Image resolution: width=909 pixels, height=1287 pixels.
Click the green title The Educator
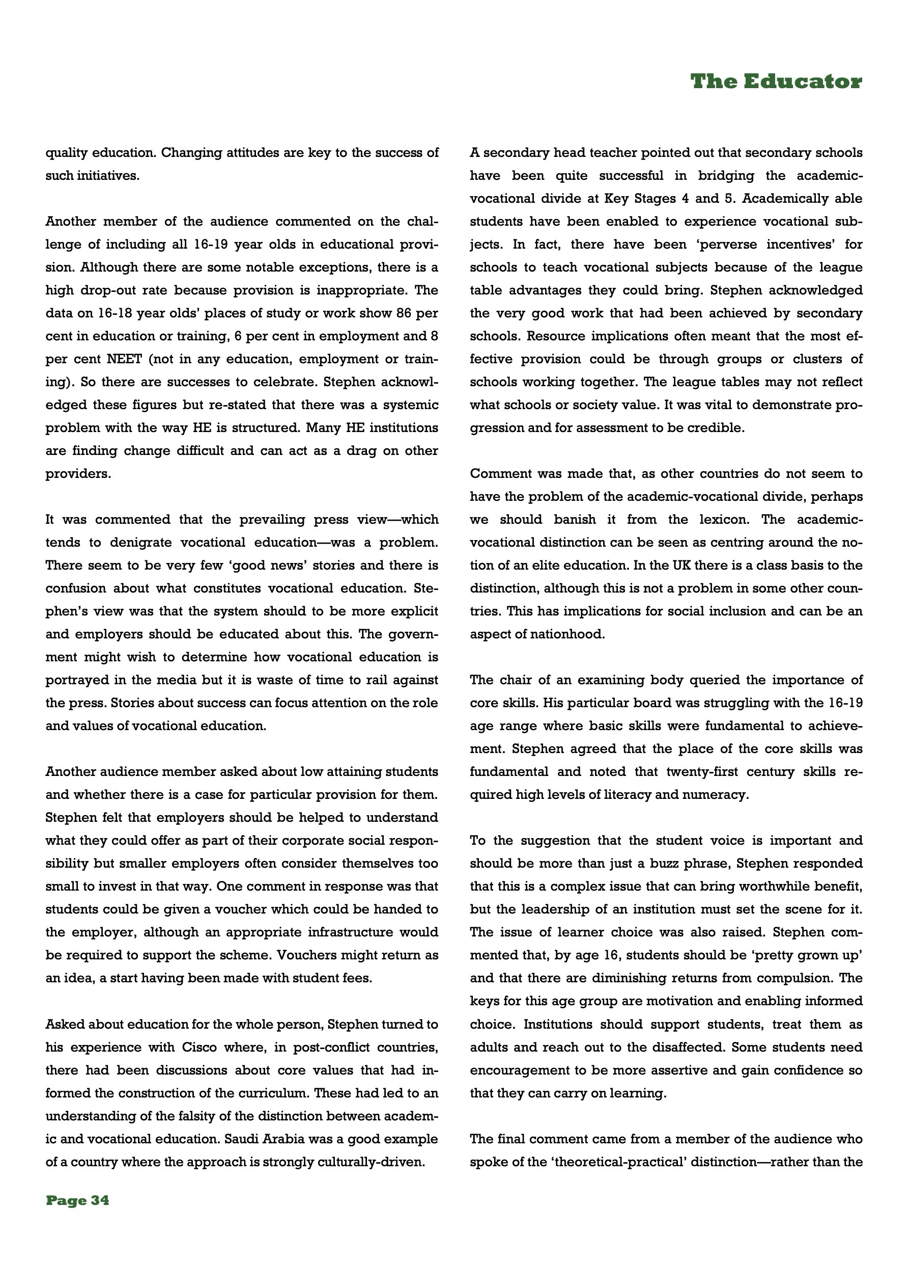coord(776,82)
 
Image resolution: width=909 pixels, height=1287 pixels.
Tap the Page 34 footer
coord(77,1200)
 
